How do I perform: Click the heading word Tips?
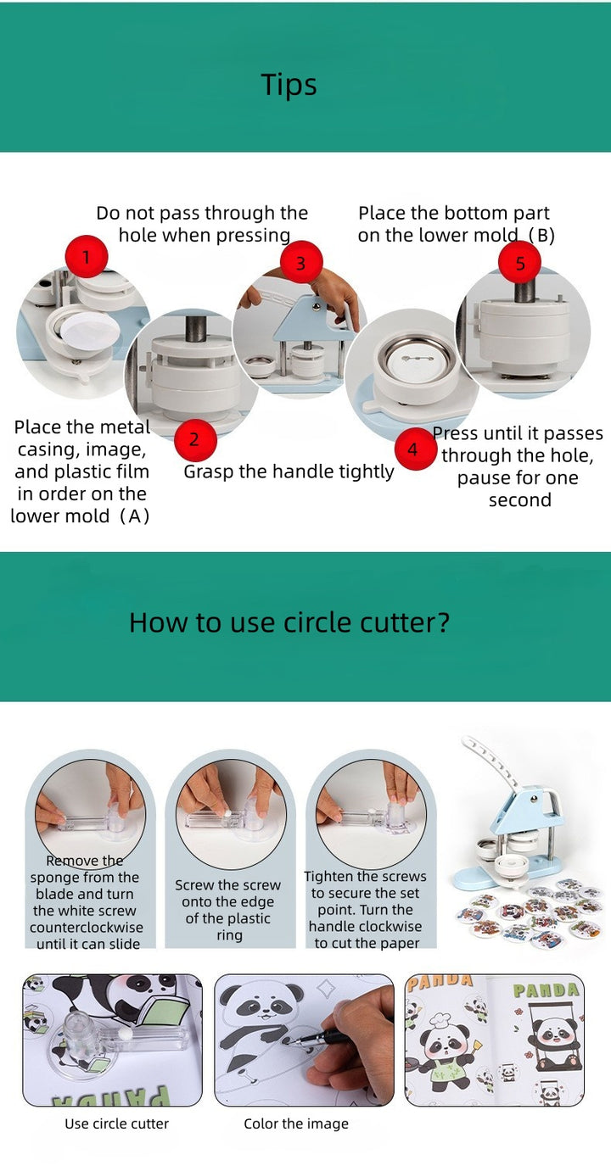289,85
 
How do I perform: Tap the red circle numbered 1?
87,257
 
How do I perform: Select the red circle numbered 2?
194,439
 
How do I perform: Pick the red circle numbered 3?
301,263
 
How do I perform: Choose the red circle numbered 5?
520,263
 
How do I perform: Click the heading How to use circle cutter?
289,622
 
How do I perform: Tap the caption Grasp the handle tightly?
289,471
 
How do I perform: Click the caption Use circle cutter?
116,1124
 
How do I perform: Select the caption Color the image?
296,1124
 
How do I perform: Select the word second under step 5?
520,500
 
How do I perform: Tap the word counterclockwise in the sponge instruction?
87,928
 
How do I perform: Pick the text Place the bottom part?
453,213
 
